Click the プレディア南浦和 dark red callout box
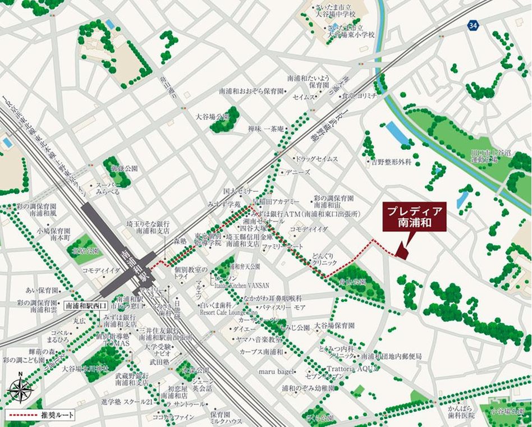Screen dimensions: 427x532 click(414, 217)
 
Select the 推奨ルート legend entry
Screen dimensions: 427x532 click(39, 416)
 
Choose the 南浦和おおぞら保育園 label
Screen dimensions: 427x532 click(251, 90)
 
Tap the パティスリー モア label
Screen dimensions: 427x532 click(282, 307)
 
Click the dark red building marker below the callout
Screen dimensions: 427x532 click(401, 250)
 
